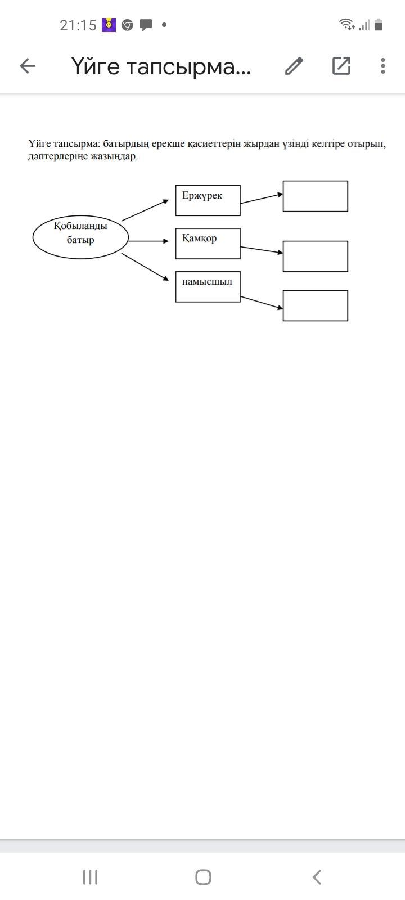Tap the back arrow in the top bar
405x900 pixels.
click(28, 66)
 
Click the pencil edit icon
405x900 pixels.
click(294, 66)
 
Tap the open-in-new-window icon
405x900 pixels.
click(341, 66)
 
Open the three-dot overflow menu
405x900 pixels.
click(382, 66)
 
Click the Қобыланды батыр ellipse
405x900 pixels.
click(80, 237)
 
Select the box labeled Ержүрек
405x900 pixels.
click(208, 200)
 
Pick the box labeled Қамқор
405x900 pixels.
click(208, 244)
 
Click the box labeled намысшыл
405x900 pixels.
click(208, 287)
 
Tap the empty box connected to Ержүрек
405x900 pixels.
click(315, 196)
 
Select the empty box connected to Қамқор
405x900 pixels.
click(315, 256)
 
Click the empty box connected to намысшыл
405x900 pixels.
click(315, 305)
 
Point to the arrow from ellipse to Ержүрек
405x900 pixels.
click(145, 210)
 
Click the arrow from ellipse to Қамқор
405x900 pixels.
click(148, 241)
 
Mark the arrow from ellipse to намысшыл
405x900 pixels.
click(145, 266)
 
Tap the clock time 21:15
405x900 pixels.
click(78, 25)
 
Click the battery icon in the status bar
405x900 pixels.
click(379, 25)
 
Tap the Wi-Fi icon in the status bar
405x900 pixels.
click(346, 24)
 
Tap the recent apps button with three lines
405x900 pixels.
click(90, 877)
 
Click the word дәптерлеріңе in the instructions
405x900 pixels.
click(58, 156)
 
